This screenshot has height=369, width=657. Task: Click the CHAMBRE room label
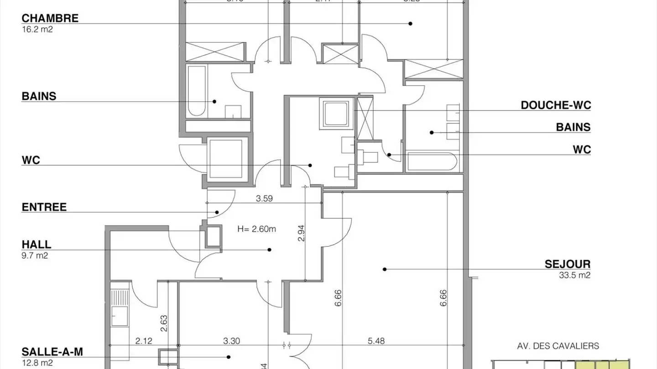tap(50, 18)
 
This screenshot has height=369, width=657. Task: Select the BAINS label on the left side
tap(39, 96)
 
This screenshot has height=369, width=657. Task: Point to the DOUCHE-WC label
tap(556, 105)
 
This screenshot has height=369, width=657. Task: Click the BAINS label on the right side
tap(573, 127)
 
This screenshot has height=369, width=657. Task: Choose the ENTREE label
tap(44, 207)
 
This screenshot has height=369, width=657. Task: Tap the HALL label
tap(36, 245)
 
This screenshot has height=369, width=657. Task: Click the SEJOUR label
tap(568, 264)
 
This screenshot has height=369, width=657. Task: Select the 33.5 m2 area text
tap(574, 275)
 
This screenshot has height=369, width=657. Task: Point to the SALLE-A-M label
tap(52, 352)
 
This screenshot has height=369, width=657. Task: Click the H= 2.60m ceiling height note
tap(256, 229)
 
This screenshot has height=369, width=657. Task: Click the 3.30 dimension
tap(232, 340)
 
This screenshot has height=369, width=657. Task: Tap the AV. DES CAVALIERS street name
tap(558, 346)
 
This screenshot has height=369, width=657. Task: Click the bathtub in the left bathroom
tap(197, 91)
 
